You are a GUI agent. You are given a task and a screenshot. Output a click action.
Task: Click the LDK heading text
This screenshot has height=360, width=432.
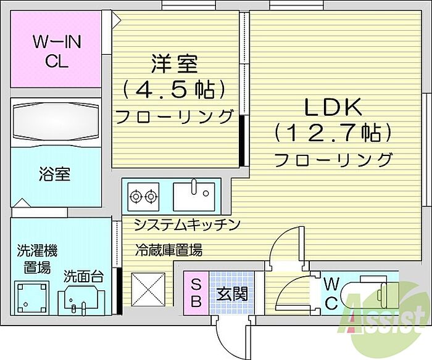point(332,107)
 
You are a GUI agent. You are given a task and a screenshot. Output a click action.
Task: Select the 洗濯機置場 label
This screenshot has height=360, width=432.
point(36,259)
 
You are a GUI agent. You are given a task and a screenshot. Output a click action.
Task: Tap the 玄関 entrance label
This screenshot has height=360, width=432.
point(231,293)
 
